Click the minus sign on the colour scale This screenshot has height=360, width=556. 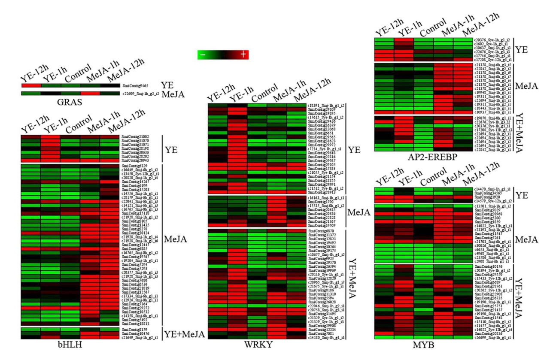pos(202,54)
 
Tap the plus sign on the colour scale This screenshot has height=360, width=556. pos(243,54)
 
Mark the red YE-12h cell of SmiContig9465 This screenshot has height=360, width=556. pos(31,86)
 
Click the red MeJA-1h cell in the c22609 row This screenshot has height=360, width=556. pos(90,93)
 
